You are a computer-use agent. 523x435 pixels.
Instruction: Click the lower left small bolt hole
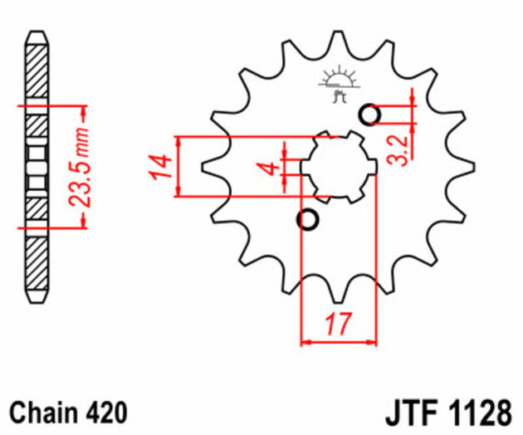(308, 219)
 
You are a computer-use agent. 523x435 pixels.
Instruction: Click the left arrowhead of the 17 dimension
(305, 340)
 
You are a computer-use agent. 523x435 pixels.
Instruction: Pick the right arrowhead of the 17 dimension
(373, 340)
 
